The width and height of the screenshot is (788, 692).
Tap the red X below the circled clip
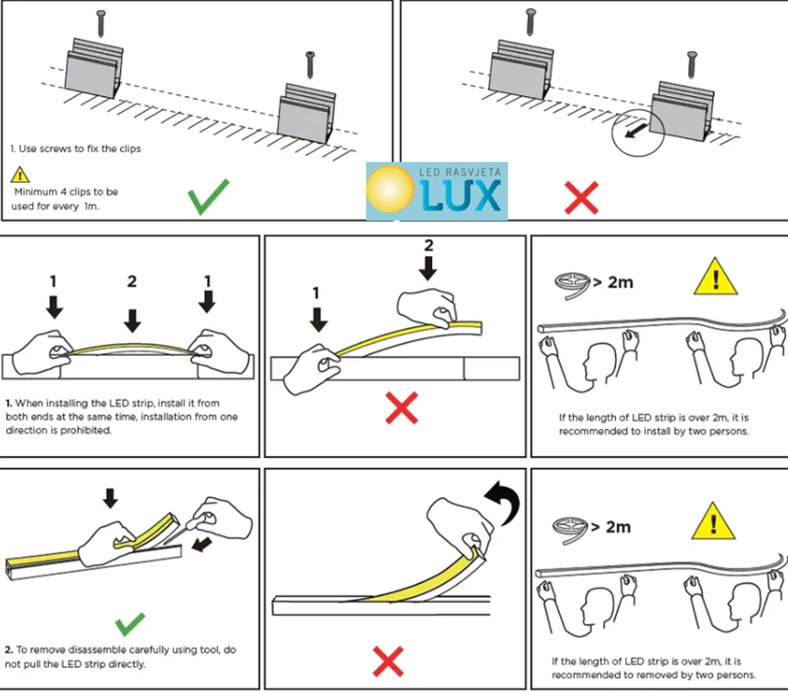581,197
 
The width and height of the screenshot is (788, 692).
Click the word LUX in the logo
463,195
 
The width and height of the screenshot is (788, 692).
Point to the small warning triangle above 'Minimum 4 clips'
20,174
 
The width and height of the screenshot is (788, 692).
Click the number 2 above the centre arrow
132,281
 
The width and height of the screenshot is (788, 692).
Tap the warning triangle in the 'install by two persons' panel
714,276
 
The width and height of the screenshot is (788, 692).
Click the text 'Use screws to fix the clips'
79,148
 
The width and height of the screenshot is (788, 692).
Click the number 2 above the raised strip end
427,245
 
